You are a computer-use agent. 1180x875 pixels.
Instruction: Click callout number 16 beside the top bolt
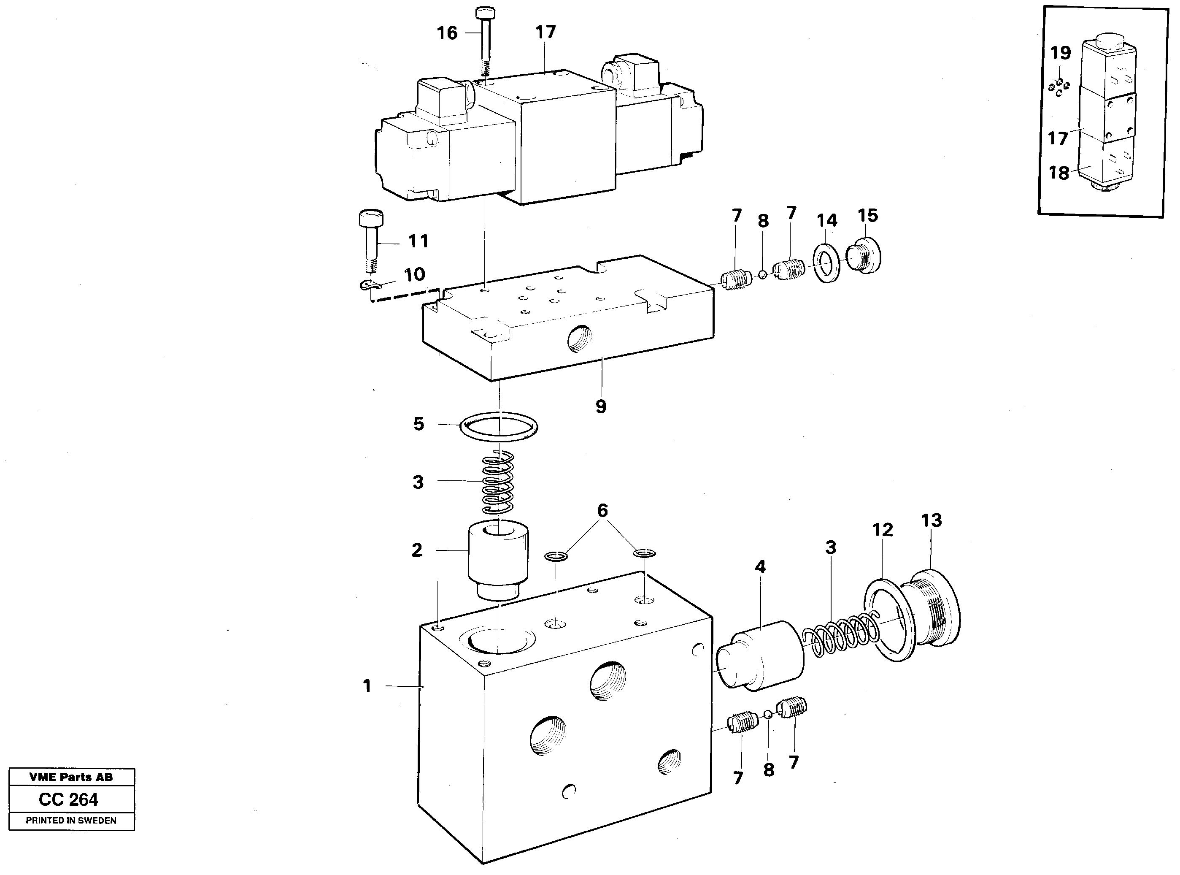(x=447, y=33)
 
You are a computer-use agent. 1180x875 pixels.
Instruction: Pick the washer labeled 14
(x=826, y=263)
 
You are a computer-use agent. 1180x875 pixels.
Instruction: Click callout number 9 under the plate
(x=600, y=406)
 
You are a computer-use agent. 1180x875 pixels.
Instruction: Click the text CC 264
(x=68, y=799)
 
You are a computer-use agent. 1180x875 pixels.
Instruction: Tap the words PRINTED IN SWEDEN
(x=71, y=821)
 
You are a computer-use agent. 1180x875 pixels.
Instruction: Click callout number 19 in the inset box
(x=1060, y=53)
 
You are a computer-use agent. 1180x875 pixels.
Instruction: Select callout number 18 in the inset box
(x=1059, y=173)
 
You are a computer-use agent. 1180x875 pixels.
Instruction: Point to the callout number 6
(x=602, y=511)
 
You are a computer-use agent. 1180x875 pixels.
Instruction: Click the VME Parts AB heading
(x=71, y=777)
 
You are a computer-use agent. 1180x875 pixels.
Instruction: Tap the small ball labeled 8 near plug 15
(x=762, y=275)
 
